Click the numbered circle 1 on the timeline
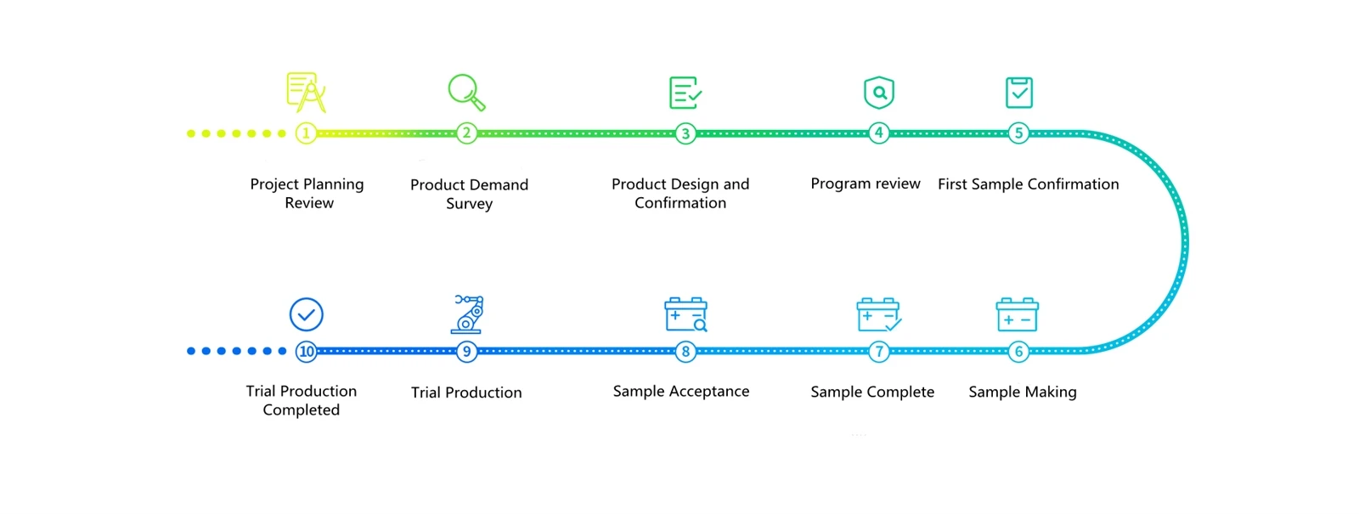coord(306,133)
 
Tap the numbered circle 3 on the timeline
coord(685,133)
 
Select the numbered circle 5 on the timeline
coord(1018,133)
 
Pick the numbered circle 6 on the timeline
coord(1018,352)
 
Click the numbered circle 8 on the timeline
coord(685,352)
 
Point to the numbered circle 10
coord(307,352)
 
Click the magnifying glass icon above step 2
coord(466,93)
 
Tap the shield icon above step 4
coord(879,93)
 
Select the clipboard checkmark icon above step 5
coord(1019,93)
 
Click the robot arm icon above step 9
coord(467,314)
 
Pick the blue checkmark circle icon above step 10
coord(307,314)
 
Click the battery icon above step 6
coord(1018,314)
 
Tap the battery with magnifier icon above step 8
coord(686,314)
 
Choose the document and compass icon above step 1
coord(307,93)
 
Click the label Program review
coord(866,184)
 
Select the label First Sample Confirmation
coord(1029,184)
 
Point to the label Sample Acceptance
coord(680,392)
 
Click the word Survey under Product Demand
coord(469,203)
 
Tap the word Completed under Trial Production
coord(301,410)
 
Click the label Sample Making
coord(1023,392)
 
